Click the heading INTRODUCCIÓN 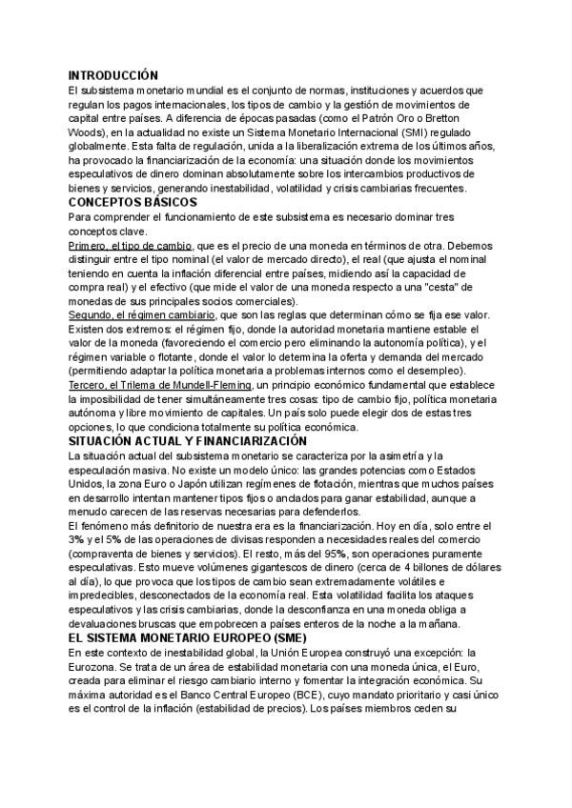pyautogui.click(x=112, y=74)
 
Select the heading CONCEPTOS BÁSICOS pyautogui.click(x=132, y=203)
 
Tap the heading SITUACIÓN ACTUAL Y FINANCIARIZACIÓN pyautogui.click(x=187, y=441)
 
